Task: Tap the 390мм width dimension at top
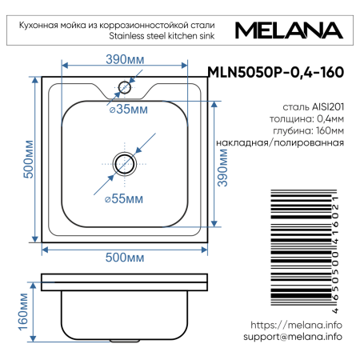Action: tap(125, 59)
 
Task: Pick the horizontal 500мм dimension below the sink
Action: tap(125, 257)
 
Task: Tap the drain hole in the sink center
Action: tap(125, 163)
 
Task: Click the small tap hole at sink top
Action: tap(125, 85)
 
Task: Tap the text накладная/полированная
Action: tap(280, 142)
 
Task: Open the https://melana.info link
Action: tap(296, 325)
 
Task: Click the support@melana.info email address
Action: tap(292, 337)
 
